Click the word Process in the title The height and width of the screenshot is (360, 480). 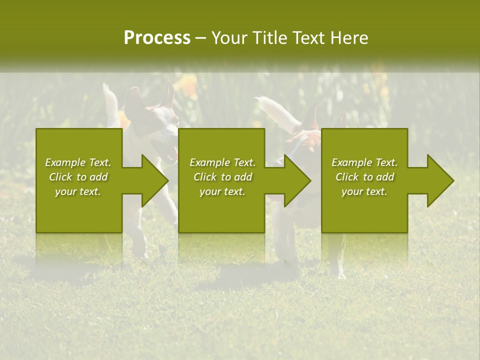tap(157, 38)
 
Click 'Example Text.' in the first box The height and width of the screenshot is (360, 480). tap(78, 162)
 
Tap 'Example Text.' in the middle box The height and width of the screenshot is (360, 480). tap(222, 162)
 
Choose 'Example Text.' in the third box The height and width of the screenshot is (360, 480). tap(364, 162)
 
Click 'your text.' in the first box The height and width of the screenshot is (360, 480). tap(78, 191)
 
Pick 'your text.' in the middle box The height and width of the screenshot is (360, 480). tap(222, 191)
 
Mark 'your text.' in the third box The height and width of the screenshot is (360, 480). tap(364, 191)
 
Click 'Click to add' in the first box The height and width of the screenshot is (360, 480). tap(78, 177)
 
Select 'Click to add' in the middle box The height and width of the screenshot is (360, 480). tap(222, 177)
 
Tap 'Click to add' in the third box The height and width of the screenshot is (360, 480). tap(364, 177)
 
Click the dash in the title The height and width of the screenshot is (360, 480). tap(200, 38)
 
